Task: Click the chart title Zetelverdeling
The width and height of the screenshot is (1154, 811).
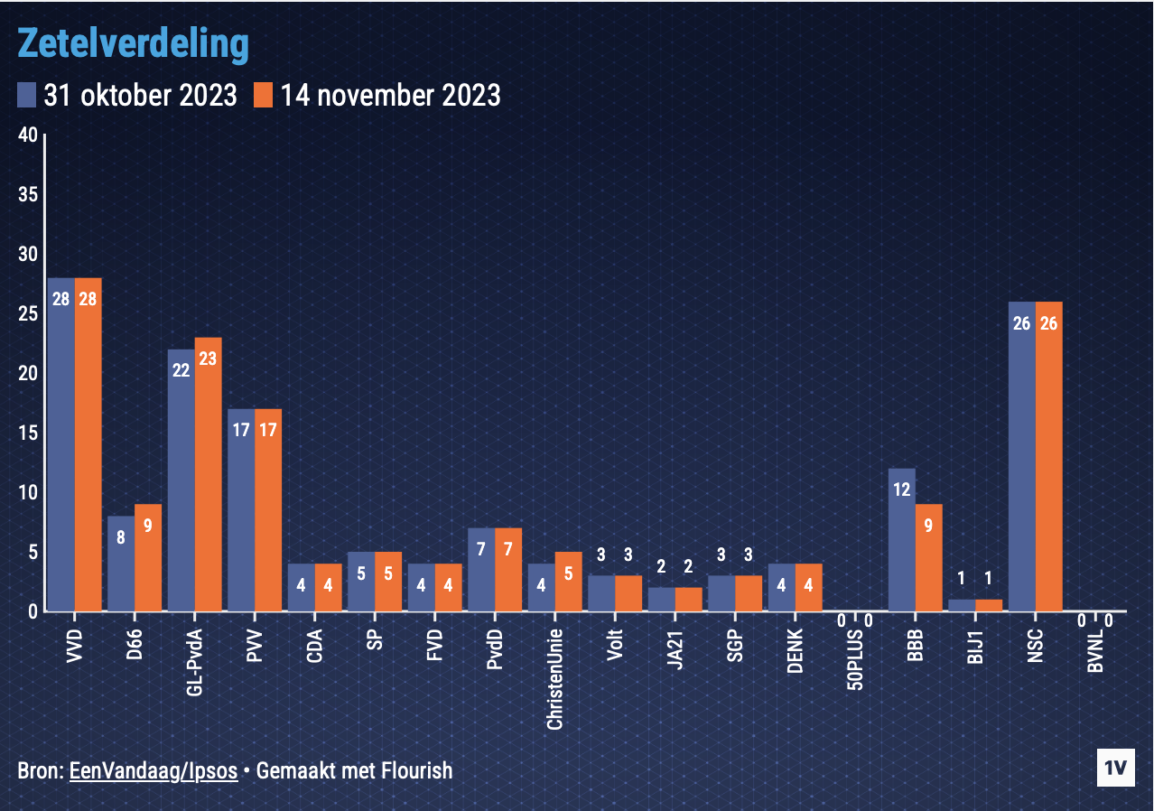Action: [133, 42]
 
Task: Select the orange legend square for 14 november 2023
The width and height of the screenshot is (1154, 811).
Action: [263, 95]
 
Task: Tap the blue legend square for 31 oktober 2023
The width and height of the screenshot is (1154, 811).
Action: [26, 95]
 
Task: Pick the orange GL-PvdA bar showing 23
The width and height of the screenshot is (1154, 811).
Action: [208, 474]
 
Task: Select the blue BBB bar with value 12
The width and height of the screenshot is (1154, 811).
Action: [902, 539]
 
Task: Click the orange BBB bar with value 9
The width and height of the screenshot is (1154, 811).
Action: [928, 557]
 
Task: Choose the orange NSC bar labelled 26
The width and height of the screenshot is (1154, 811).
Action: [1048, 456]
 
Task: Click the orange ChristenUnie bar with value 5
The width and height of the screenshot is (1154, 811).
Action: [568, 581]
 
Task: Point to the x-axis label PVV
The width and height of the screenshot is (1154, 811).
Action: [254, 648]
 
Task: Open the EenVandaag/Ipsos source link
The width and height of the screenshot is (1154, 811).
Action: [154, 770]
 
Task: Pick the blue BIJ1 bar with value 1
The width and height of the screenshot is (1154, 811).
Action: [962, 605]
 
